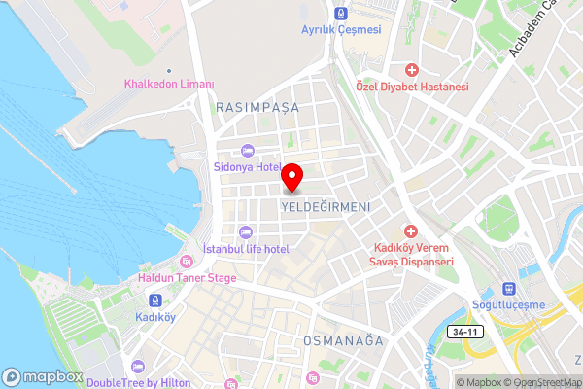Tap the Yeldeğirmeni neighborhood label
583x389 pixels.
[x=326, y=207]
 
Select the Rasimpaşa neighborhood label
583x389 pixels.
[x=258, y=107]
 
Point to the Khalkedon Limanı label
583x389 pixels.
[x=168, y=84]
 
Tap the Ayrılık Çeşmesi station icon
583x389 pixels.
[x=340, y=14]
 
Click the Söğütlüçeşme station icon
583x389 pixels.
[x=507, y=289]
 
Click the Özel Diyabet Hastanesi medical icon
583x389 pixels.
[x=412, y=71]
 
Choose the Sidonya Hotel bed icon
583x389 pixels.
[x=247, y=151]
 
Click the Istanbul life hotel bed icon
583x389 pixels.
[x=243, y=231]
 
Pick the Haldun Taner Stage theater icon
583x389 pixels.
[x=187, y=261]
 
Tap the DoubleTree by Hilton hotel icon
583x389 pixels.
[x=137, y=367]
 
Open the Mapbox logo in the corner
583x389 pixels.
[x=43, y=376]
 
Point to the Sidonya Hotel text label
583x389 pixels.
[x=246, y=166]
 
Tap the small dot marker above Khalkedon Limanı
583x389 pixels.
[x=168, y=71]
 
